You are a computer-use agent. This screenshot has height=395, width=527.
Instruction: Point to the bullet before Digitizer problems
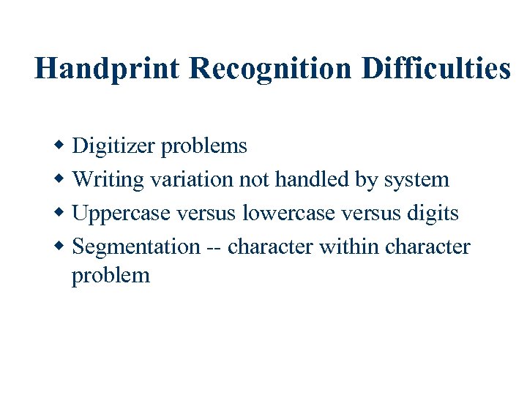(62, 146)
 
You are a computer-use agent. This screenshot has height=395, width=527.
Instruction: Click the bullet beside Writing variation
(62, 179)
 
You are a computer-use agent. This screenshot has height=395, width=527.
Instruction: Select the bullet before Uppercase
(62, 213)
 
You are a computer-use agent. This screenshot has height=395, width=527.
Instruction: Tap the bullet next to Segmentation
(62, 247)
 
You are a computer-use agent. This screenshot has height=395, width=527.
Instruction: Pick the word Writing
(108, 180)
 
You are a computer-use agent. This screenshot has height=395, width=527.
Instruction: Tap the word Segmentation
(136, 247)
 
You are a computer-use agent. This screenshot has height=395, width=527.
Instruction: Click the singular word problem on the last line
(111, 276)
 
